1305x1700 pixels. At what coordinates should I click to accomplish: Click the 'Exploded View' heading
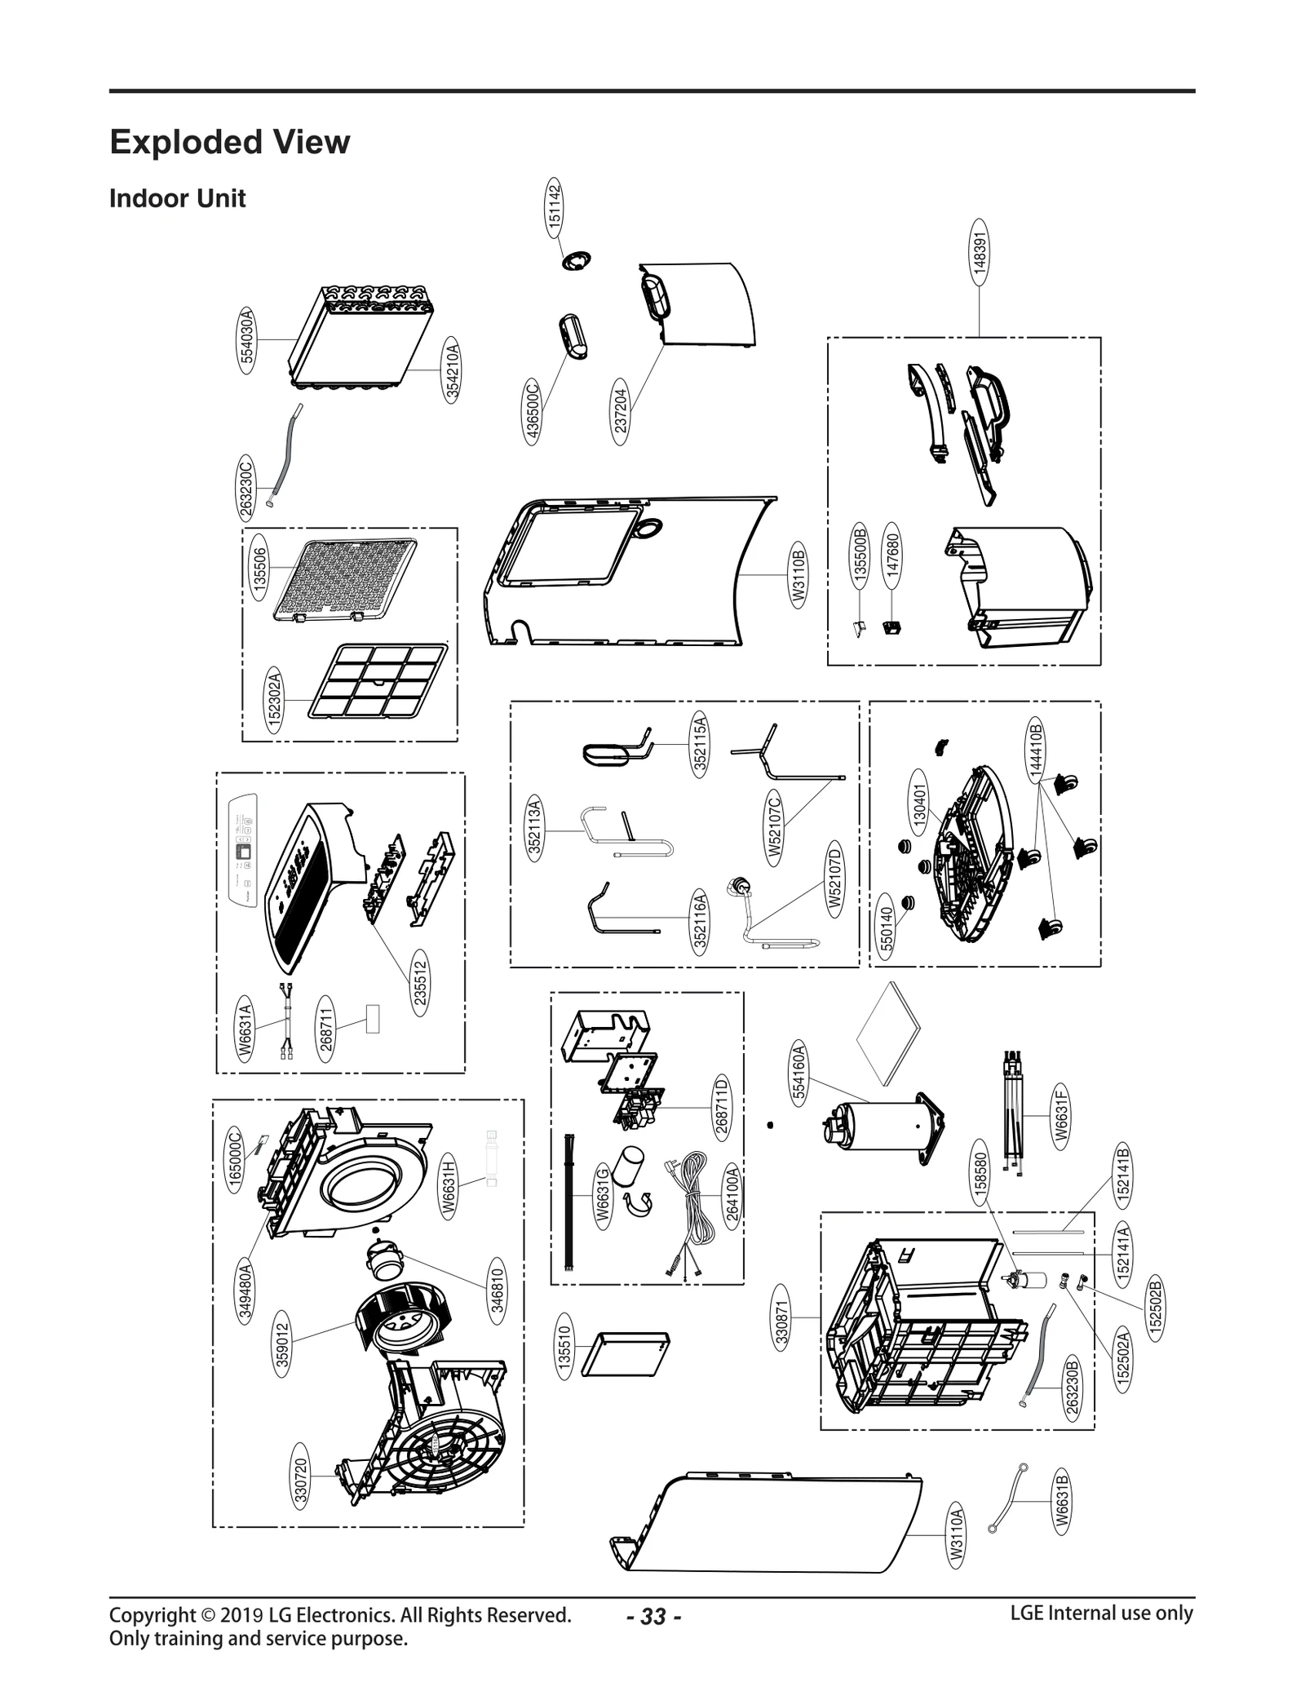[229, 142]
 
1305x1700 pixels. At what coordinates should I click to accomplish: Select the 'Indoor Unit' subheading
[177, 199]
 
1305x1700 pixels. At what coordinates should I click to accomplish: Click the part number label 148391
[980, 250]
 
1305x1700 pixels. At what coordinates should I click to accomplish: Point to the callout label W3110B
[798, 577]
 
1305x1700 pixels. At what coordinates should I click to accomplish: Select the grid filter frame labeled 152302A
[378, 680]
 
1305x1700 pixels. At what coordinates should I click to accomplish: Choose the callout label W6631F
[1060, 1116]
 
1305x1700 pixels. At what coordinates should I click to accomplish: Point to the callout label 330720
[301, 1481]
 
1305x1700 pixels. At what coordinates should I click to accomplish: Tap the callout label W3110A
[956, 1537]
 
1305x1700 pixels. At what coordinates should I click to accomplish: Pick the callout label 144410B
[1034, 749]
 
